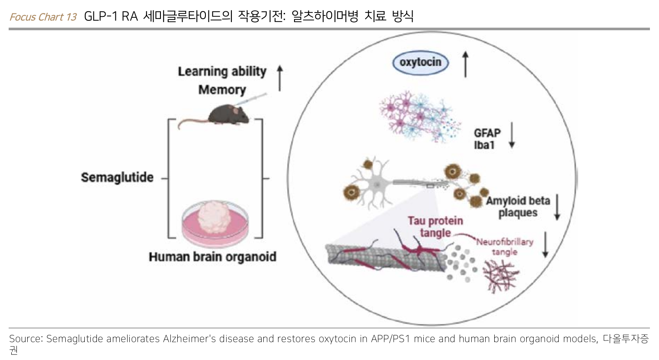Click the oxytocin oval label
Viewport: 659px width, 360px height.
tap(420, 62)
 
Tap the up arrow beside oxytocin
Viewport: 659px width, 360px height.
tap(465, 64)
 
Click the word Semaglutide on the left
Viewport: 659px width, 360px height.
tap(117, 177)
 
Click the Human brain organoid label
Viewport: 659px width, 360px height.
tap(212, 257)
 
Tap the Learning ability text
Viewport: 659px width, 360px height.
tap(222, 71)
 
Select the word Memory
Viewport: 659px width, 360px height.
tap(222, 89)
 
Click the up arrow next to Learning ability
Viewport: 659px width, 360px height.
tap(280, 78)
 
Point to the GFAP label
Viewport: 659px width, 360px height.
tap(487, 133)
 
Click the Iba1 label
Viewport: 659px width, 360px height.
tap(484, 145)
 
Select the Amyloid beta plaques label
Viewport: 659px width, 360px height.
tap(518, 207)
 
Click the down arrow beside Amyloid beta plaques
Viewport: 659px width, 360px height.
tap(557, 207)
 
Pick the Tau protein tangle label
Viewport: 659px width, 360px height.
tap(435, 227)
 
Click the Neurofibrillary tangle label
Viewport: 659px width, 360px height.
tap(505, 246)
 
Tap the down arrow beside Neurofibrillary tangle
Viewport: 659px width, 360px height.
tap(545, 245)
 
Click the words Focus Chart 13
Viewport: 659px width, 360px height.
tap(43, 17)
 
